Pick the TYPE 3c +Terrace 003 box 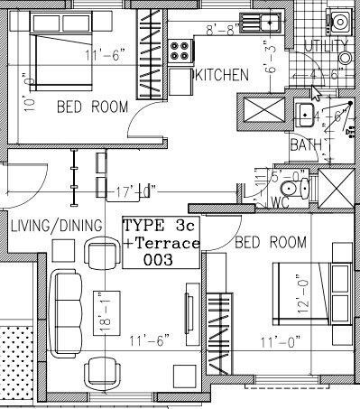click(161, 242)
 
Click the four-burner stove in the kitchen click(180, 46)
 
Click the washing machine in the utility click(339, 20)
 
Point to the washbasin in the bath click(306, 114)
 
